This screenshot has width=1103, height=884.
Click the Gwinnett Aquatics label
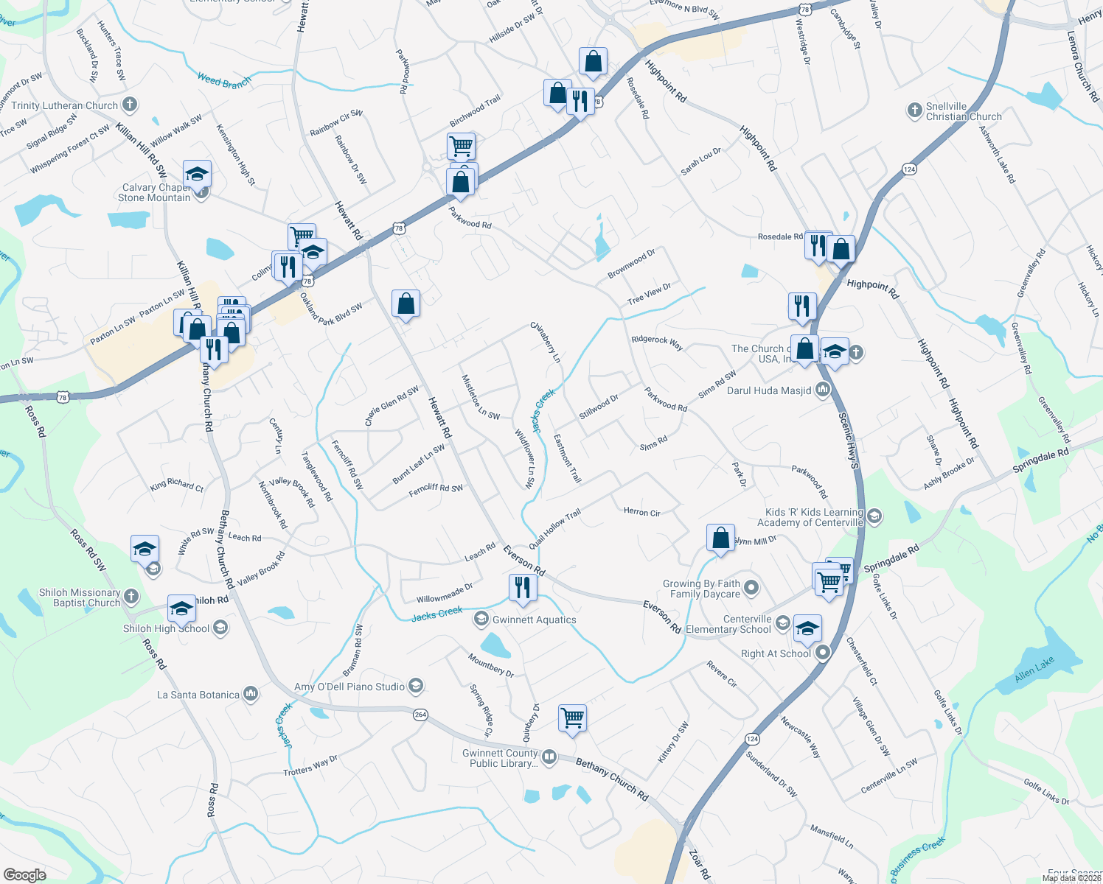[x=534, y=620]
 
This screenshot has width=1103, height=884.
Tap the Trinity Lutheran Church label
[x=64, y=105]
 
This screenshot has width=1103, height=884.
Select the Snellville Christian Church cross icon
[x=914, y=111]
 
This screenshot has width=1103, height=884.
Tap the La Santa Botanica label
[x=198, y=695]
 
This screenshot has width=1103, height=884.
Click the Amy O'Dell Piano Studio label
[x=349, y=687]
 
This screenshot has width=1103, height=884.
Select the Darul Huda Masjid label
[x=769, y=390]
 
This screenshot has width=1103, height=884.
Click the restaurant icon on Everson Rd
[x=522, y=587]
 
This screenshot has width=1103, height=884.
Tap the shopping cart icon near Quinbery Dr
[x=572, y=717]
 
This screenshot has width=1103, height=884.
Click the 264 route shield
[x=420, y=714]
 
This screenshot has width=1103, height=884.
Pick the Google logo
[x=24, y=874]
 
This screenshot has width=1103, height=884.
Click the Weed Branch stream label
[x=224, y=81]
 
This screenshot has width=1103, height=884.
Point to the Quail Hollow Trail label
[x=554, y=527]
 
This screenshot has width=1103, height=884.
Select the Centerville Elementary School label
[x=728, y=624]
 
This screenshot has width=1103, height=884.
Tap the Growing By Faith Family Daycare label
[x=701, y=589]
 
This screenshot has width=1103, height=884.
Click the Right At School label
[x=776, y=653]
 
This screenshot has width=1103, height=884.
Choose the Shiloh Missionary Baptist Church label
[x=80, y=597]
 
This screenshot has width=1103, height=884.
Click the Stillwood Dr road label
[x=598, y=407]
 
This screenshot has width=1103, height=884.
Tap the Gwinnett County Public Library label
[x=500, y=758]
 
